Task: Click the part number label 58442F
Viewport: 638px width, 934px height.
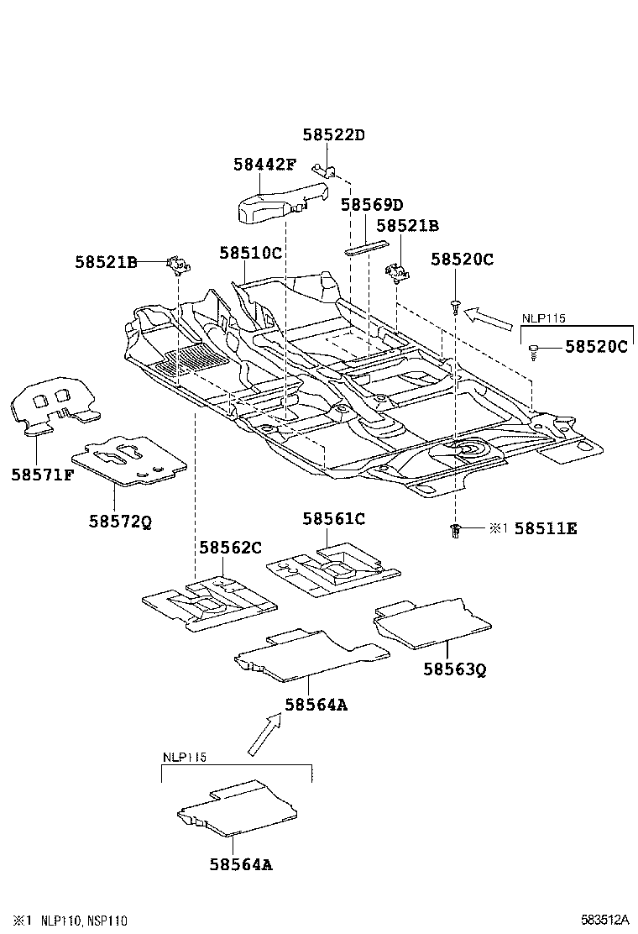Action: click(264, 165)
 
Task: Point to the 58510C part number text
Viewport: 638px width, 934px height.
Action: click(250, 253)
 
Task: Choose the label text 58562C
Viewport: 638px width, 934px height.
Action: click(230, 548)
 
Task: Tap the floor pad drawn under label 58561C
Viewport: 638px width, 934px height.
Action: click(332, 569)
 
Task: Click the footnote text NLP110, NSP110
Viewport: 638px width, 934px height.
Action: click(83, 921)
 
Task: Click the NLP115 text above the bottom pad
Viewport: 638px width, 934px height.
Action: click(184, 757)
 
